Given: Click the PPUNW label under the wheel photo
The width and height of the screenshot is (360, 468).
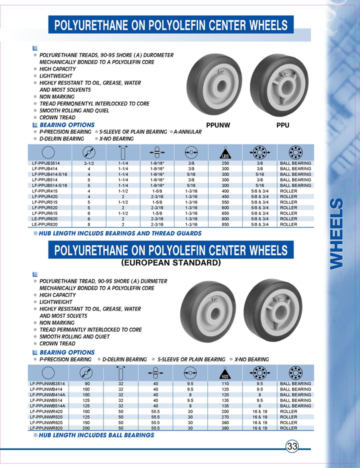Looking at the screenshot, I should tap(218, 125).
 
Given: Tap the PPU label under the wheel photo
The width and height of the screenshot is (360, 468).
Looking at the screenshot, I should tap(283, 125).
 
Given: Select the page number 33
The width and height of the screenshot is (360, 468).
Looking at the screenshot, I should tap(292, 445).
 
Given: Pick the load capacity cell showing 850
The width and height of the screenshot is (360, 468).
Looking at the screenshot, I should tap(225, 224).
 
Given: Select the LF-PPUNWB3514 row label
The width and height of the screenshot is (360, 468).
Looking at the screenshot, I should tap(47, 384).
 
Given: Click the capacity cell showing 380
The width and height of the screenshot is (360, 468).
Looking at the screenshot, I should tap(225, 428).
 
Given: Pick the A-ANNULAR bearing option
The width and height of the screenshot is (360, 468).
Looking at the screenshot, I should tap(187, 132).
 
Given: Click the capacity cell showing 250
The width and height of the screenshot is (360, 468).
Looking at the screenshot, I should tap(225, 163).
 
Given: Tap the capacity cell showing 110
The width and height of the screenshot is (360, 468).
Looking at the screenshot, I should tap(225, 384).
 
